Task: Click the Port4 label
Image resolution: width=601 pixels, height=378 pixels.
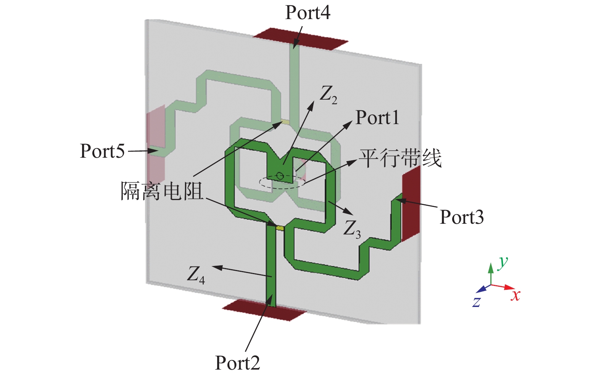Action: [308, 13]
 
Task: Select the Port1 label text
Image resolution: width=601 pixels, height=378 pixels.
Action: [377, 118]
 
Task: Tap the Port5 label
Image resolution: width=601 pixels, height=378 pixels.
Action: [102, 151]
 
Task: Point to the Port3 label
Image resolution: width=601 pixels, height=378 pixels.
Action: [462, 217]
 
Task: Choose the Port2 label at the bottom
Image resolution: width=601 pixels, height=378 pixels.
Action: [237, 363]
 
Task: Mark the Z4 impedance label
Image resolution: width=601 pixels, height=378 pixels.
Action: [196, 275]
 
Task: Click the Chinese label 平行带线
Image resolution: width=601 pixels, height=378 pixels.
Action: [400, 158]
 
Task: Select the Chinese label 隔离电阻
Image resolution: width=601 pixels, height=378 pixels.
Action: [162, 191]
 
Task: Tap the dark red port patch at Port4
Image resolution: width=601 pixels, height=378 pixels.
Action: [300, 39]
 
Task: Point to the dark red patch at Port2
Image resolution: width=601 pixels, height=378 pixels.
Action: [264, 309]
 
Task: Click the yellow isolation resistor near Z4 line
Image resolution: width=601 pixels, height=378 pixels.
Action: [280, 228]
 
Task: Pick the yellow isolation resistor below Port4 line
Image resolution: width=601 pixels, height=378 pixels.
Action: [285, 122]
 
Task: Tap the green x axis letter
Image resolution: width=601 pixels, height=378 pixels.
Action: [516, 296]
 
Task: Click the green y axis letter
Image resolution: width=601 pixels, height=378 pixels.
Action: [503, 262]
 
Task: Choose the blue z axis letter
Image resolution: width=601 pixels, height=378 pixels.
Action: [476, 302]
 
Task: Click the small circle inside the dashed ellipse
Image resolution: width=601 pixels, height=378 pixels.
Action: [280, 176]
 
